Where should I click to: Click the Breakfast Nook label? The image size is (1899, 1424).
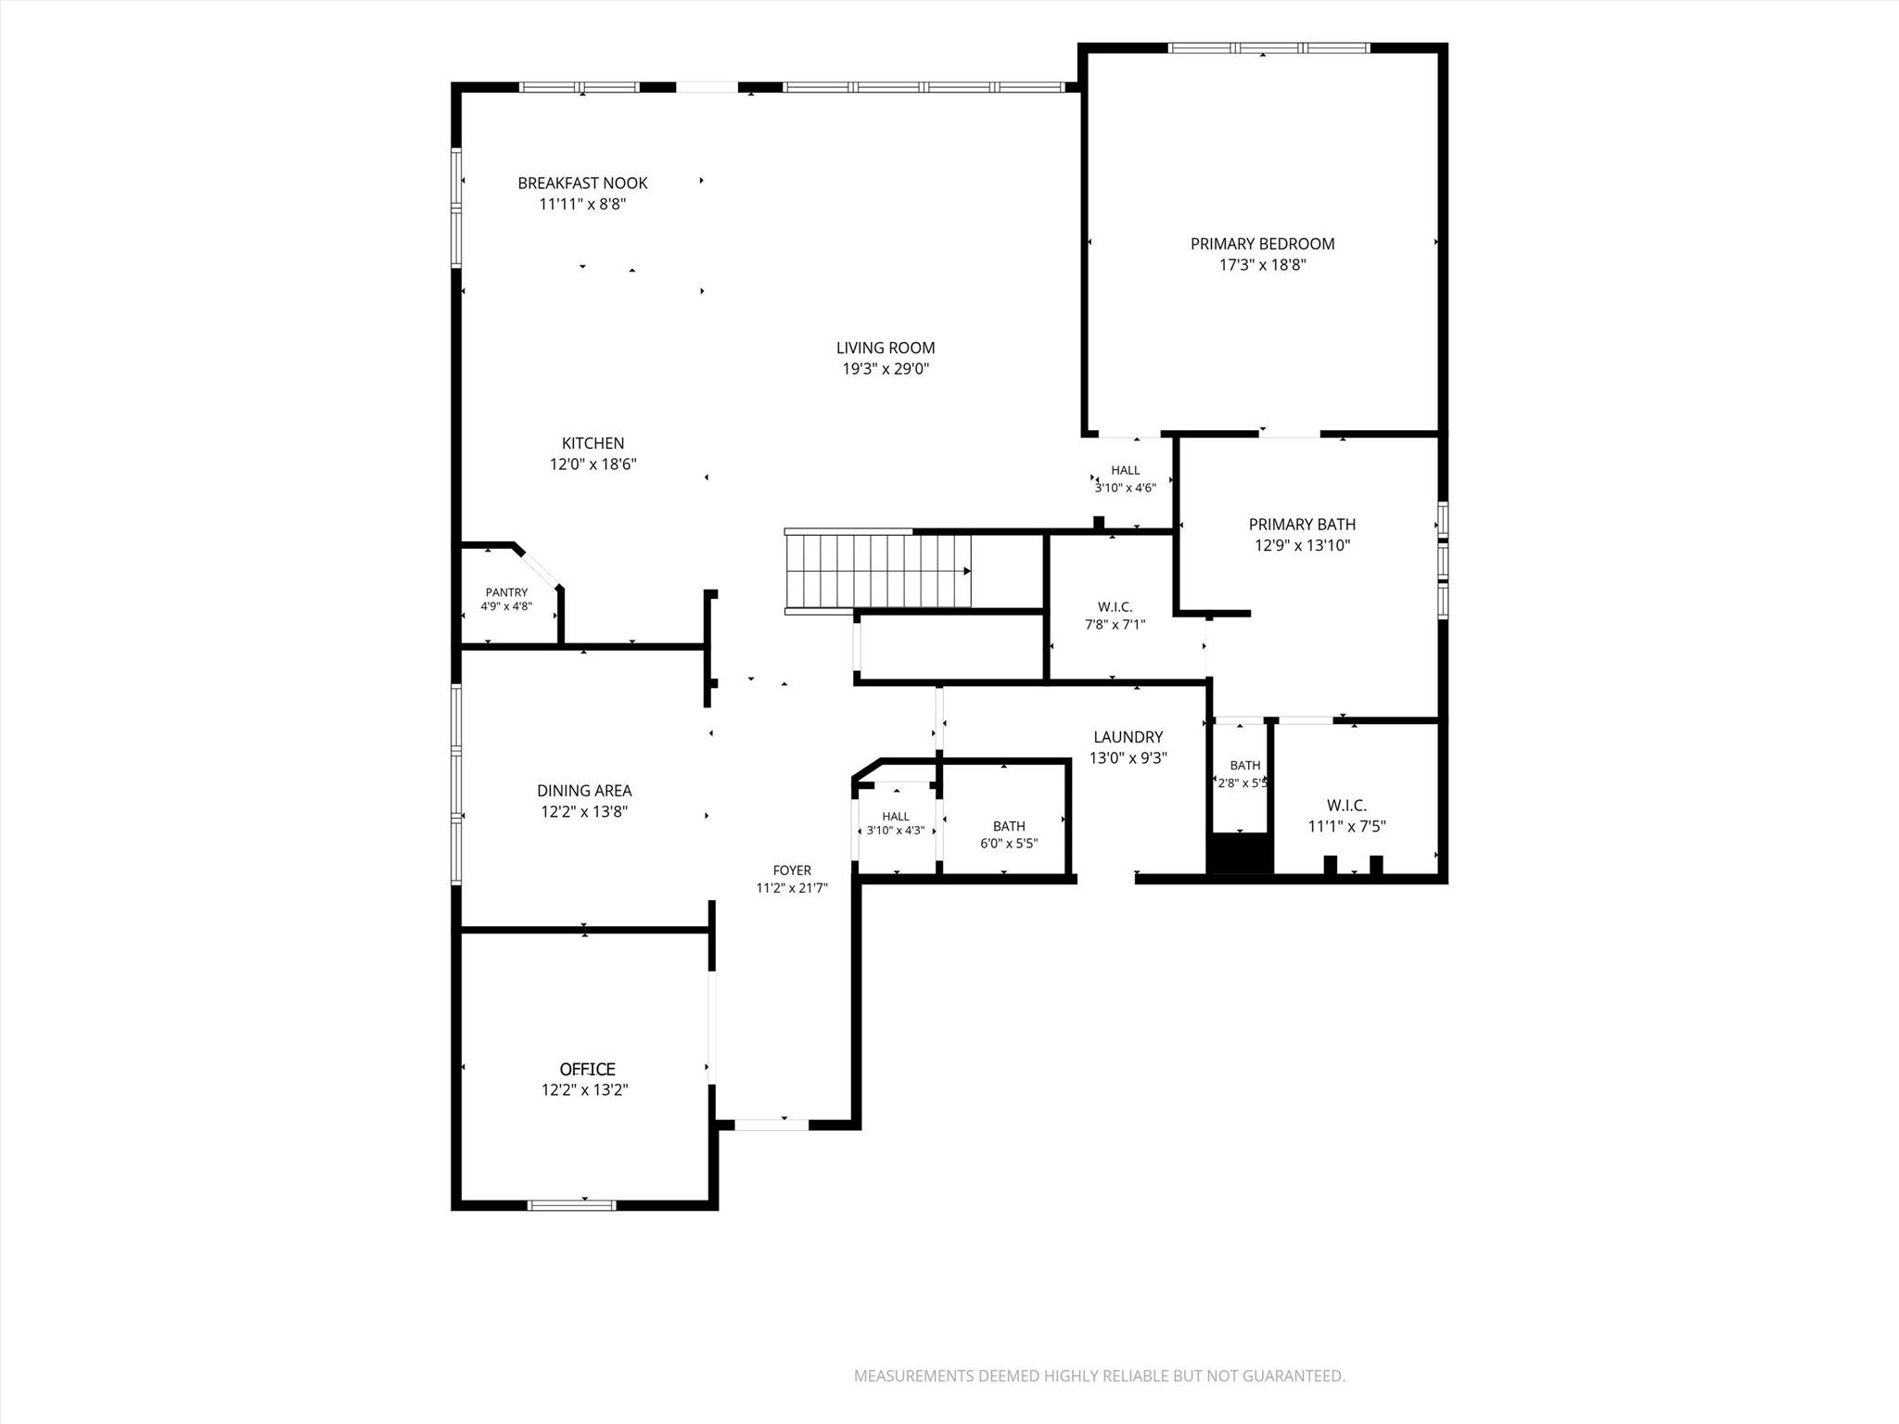pyautogui.click(x=582, y=184)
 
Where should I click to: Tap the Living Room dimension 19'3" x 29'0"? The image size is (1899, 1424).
pyautogui.click(x=885, y=369)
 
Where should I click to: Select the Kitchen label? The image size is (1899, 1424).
pyautogui.click(x=593, y=444)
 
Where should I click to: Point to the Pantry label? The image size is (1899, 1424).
pyautogui.click(x=506, y=592)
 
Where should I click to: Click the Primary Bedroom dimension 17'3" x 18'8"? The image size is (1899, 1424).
pyautogui.click(x=1263, y=265)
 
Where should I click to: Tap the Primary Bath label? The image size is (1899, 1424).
pyautogui.click(x=1302, y=525)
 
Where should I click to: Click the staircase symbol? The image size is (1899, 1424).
pyautogui.click(x=878, y=571)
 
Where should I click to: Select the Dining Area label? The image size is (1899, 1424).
pyautogui.click(x=584, y=791)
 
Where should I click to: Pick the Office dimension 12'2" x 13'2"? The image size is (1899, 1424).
pyautogui.click(x=585, y=1090)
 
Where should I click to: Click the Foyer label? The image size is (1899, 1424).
pyautogui.click(x=792, y=871)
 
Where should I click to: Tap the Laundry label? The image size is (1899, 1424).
pyautogui.click(x=1128, y=737)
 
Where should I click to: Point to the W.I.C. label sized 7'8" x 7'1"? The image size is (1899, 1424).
pyautogui.click(x=1115, y=607)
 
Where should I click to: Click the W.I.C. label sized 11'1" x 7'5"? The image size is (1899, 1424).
pyautogui.click(x=1346, y=806)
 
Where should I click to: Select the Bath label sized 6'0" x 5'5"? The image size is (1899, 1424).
pyautogui.click(x=1009, y=826)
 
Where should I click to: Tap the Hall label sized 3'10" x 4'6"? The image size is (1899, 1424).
pyautogui.click(x=1126, y=470)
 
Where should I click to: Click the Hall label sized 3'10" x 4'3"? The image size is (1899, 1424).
pyautogui.click(x=896, y=817)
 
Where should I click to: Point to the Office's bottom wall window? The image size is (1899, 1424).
pyautogui.click(x=571, y=1205)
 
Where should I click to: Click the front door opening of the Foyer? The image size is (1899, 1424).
pyautogui.click(x=771, y=1125)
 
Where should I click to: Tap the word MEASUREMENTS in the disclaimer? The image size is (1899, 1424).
pyautogui.click(x=914, y=1376)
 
